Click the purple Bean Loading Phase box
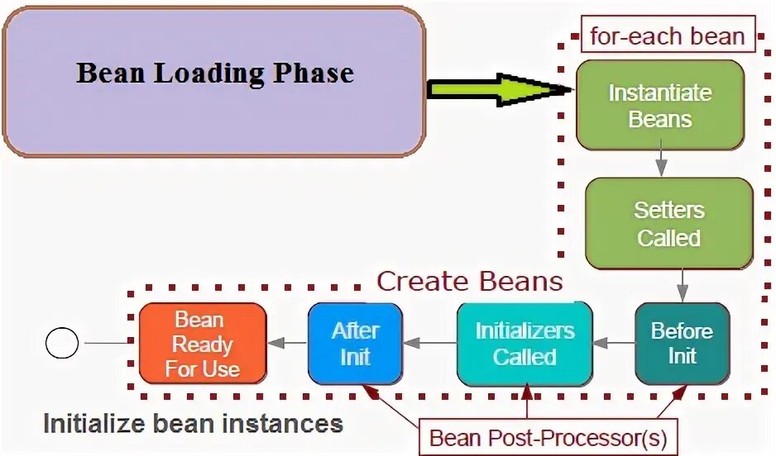[x=213, y=81]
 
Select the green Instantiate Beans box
[x=660, y=105]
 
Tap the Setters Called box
[x=668, y=224]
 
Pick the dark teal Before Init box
[x=682, y=344]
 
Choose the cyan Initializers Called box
[x=525, y=344]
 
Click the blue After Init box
[x=355, y=344]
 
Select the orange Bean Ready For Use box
[x=202, y=344]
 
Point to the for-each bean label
[x=667, y=37]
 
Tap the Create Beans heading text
[x=470, y=282]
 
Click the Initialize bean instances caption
[x=193, y=424]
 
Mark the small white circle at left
[x=61, y=342]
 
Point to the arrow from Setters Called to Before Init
[x=682, y=287]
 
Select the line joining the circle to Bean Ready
[x=109, y=343]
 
